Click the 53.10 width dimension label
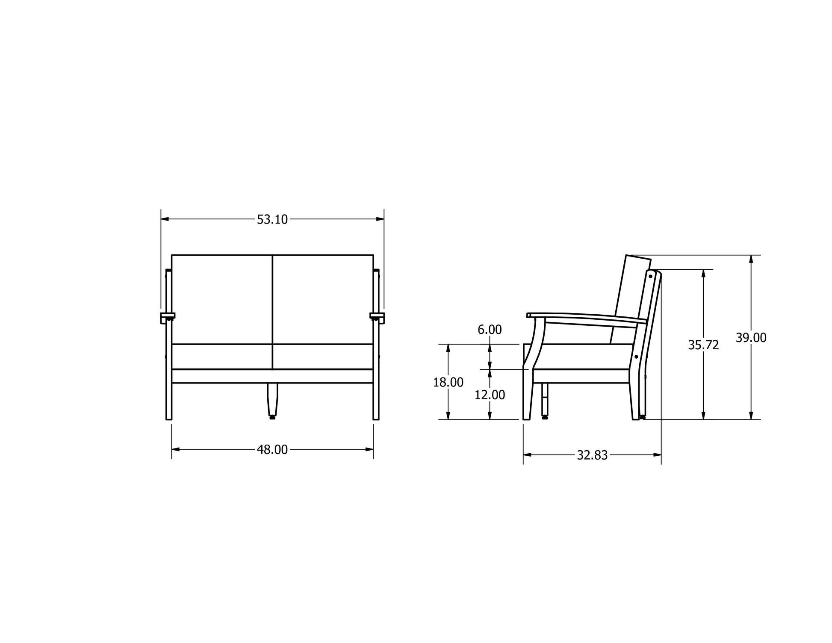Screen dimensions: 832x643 272,219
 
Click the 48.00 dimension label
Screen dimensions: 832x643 272,449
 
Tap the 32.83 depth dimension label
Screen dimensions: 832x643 592,455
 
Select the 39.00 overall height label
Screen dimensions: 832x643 751,338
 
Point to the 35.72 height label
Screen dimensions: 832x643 703,345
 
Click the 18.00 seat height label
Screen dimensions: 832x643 448,382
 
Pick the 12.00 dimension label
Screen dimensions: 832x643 490,395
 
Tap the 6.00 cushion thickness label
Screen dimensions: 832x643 490,330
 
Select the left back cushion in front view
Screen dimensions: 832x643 222,299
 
